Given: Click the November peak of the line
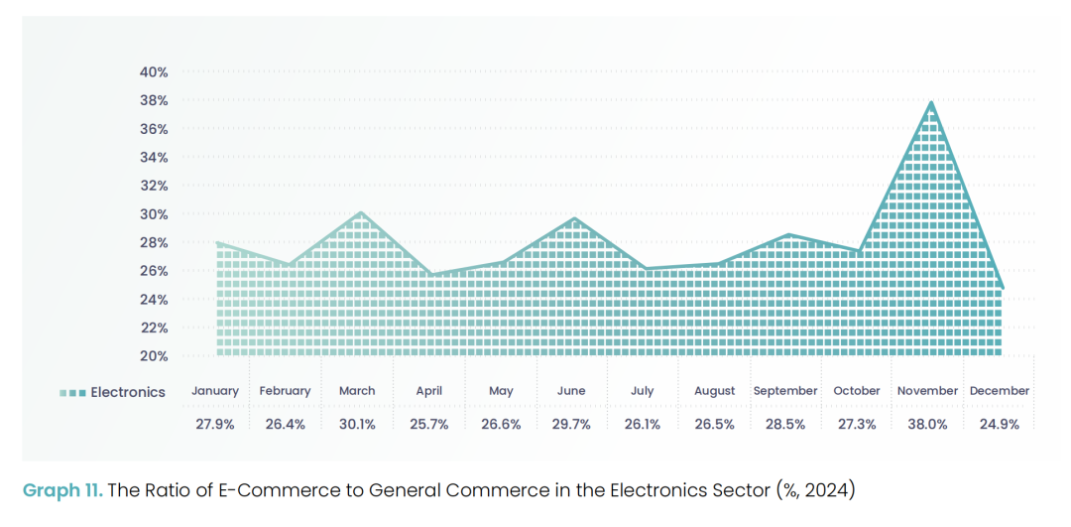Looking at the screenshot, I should pos(931,101).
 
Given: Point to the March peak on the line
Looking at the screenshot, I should pos(360,212).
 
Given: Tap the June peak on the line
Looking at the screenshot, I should pos(574,218).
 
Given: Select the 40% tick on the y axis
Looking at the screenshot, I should pos(154,72).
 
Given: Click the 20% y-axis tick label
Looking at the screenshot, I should pos(154,355).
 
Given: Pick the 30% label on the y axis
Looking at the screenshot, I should pos(154,214).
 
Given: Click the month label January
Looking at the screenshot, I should pos(216,391).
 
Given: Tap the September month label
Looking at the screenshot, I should pos(785,391).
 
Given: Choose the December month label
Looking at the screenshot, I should pos(1000,391).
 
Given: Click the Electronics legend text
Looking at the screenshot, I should pos(128,392).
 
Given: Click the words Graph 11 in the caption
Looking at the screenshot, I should pos(61,489).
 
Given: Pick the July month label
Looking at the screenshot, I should pos(642,391).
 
